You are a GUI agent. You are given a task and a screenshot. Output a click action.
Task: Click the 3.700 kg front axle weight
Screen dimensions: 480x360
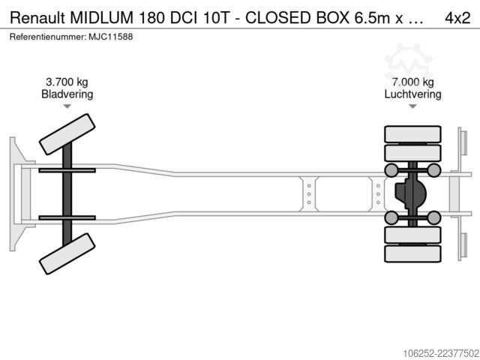(67, 82)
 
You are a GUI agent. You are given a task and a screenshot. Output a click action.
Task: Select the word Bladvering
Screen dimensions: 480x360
(67, 94)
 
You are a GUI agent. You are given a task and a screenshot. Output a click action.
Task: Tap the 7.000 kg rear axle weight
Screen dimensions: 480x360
(413, 82)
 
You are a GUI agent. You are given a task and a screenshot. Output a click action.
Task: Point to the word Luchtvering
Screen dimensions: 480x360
(413, 94)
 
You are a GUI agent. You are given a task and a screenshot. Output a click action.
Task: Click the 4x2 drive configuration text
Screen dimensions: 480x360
(457, 18)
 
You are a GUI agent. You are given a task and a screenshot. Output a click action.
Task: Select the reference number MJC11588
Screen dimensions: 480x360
(111, 37)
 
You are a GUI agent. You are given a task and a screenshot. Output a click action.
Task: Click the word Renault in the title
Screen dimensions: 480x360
(37, 18)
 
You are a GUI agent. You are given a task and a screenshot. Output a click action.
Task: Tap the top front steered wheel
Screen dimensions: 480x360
(67, 134)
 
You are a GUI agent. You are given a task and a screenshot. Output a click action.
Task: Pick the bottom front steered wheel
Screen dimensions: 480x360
(67, 253)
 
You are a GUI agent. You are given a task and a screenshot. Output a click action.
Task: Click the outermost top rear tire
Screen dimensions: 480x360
(412, 134)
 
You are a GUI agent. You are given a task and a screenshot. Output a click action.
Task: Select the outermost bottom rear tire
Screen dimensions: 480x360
(412, 253)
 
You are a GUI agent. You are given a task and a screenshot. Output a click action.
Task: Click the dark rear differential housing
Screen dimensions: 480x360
(409, 194)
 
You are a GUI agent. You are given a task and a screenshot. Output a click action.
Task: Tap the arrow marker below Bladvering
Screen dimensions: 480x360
(67, 106)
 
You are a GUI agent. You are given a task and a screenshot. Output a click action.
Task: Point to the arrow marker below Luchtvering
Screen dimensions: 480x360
(413, 106)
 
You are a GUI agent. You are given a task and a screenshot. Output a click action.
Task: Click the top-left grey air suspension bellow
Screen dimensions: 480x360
(391, 170)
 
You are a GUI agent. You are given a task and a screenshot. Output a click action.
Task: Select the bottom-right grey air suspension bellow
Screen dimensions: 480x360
(433, 217)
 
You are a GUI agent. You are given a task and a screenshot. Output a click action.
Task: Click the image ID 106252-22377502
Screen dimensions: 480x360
(441, 353)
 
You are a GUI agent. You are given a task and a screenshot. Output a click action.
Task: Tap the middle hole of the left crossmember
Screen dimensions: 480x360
(309, 194)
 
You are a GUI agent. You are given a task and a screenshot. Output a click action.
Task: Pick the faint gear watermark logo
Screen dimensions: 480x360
(408, 62)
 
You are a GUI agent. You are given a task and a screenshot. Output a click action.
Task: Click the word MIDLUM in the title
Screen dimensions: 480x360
(101, 18)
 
